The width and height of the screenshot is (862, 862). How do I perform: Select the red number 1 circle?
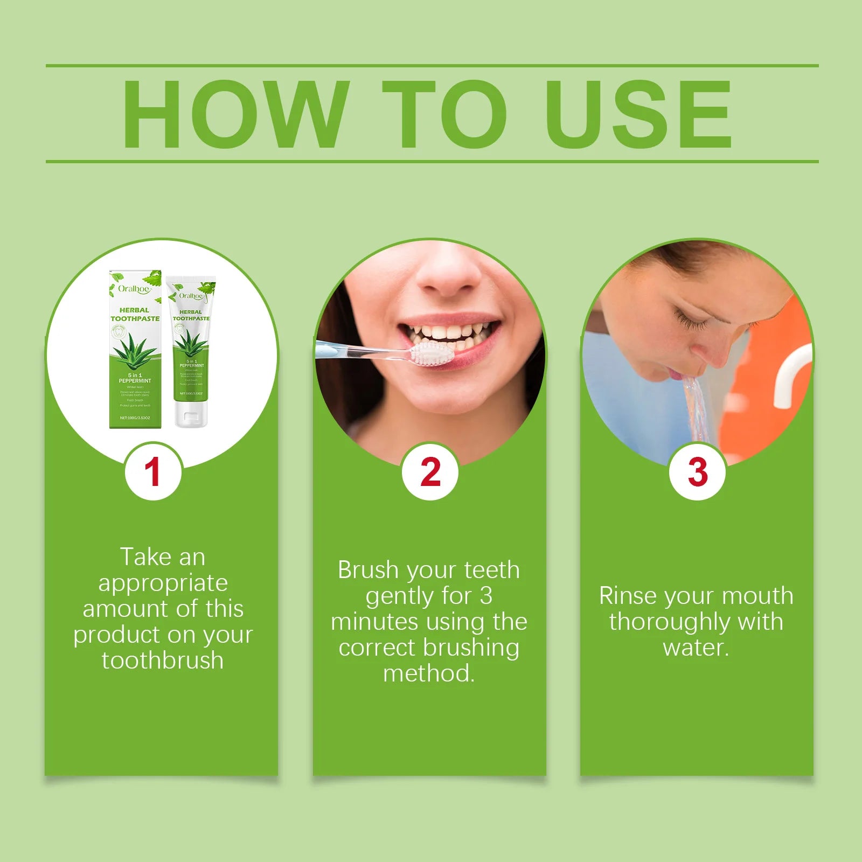click(x=153, y=472)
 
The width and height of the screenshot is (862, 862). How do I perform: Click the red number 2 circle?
click(x=430, y=472)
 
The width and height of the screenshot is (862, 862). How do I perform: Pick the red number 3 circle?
click(x=697, y=472)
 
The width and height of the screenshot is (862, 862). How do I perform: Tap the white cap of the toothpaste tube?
click(x=191, y=415)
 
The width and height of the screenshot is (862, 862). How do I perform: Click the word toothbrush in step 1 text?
click(x=163, y=661)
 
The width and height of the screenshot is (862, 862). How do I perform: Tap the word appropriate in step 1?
click(x=163, y=583)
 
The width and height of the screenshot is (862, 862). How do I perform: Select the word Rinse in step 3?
click(x=628, y=596)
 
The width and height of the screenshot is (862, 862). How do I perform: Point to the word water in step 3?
click(x=695, y=648)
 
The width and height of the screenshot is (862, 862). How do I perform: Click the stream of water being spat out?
click(x=698, y=409)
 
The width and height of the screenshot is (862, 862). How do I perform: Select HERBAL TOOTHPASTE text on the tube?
click(x=191, y=315)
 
